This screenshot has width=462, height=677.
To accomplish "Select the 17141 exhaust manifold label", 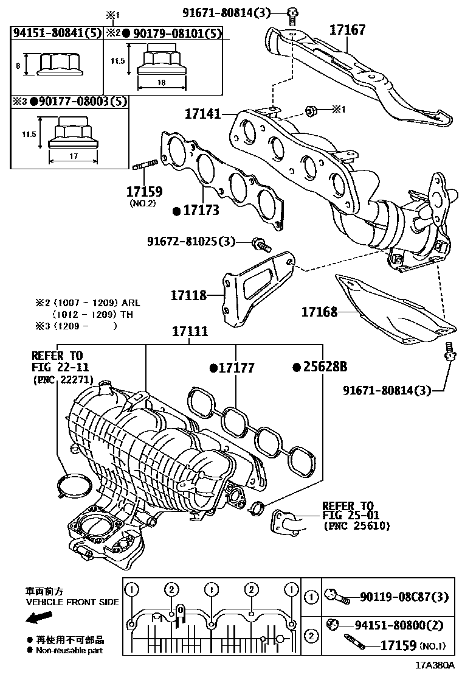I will (x=202, y=113).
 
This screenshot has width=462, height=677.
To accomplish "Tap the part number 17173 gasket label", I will (x=201, y=211).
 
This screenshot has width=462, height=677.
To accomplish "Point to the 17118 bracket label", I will (x=188, y=295).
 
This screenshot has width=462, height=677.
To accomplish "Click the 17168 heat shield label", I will (x=320, y=312).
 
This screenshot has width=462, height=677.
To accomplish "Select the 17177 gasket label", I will (x=236, y=368).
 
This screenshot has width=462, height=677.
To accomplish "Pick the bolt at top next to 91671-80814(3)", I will (x=292, y=12).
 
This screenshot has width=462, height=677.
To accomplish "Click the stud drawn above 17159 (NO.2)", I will (x=145, y=164).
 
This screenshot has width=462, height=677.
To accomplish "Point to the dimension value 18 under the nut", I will (x=162, y=82).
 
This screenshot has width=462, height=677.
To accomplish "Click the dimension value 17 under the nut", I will (x=73, y=156).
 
